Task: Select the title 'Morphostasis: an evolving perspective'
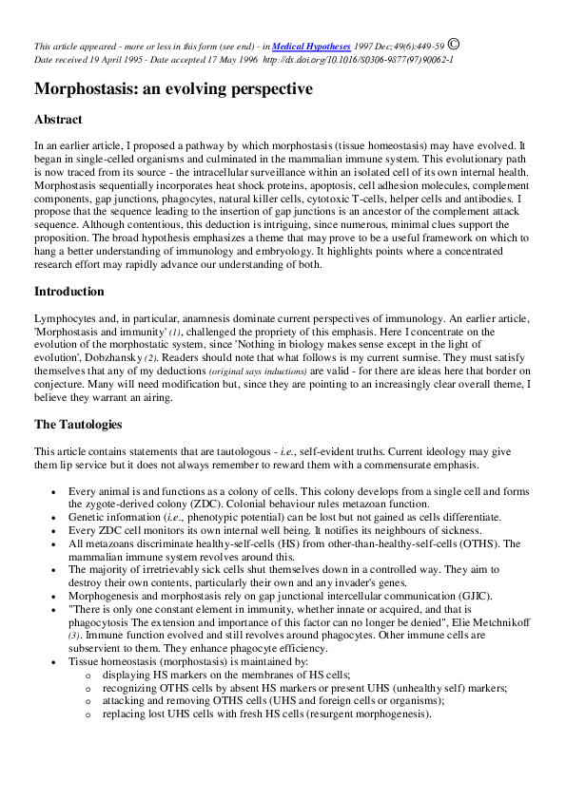173,89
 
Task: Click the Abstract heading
58,120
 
